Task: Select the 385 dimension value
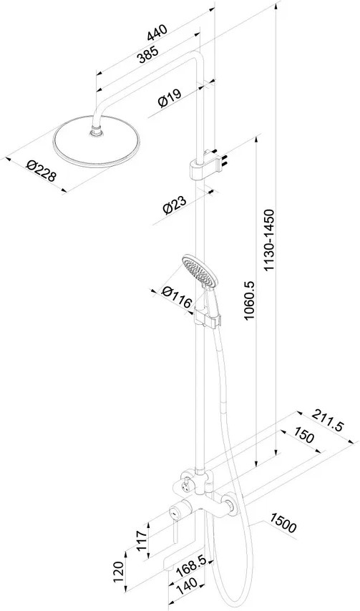(147, 54)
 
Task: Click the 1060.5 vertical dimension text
(248, 300)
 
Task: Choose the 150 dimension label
(303, 436)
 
